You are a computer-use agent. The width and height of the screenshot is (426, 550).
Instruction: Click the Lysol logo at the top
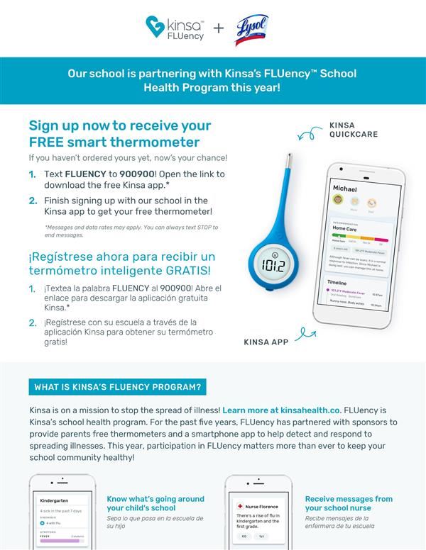(x=251, y=30)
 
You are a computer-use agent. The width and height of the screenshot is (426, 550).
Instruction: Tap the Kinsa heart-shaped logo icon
(x=155, y=27)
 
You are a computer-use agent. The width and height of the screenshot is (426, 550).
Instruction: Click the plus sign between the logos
(x=219, y=28)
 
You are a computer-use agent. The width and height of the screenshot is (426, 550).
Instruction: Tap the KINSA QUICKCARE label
(x=353, y=130)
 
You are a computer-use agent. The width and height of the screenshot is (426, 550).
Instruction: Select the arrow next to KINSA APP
(x=305, y=332)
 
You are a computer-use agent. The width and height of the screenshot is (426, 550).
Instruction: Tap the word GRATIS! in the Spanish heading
(x=190, y=270)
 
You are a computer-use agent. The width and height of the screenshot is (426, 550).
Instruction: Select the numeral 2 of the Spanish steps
(x=33, y=322)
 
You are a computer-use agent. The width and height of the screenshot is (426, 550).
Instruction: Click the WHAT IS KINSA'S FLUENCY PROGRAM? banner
(x=118, y=387)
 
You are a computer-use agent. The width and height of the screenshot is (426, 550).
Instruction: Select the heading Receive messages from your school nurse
(x=349, y=503)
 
